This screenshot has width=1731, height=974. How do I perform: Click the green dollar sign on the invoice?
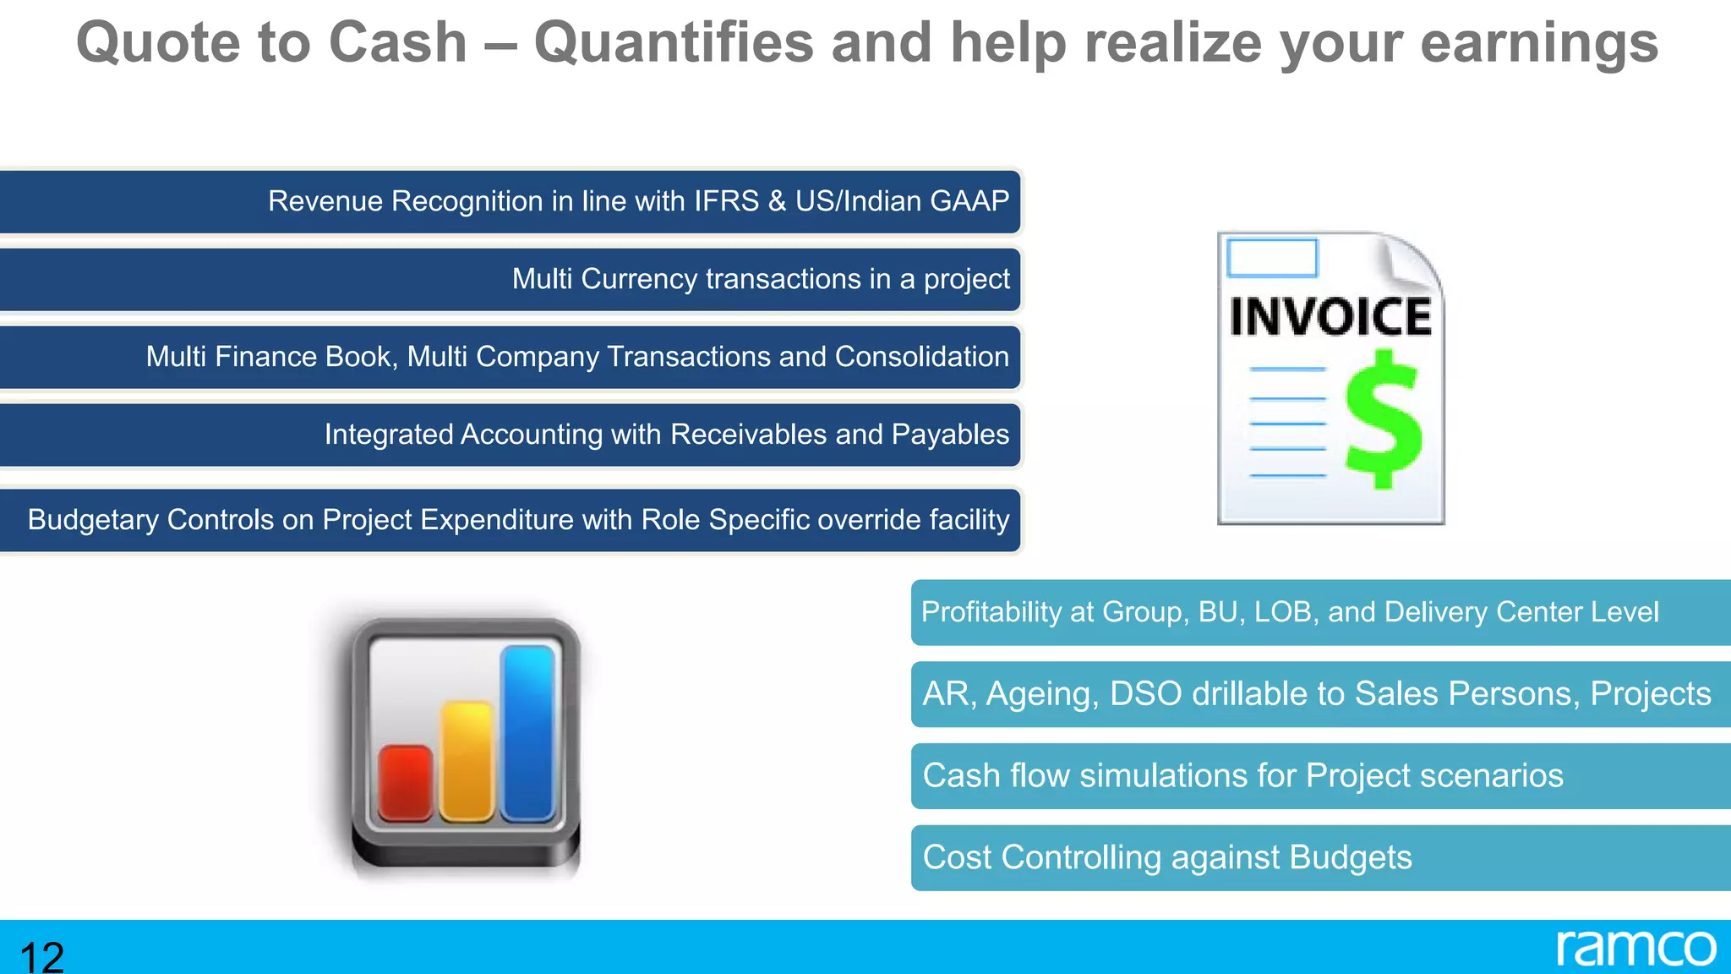(x=1383, y=420)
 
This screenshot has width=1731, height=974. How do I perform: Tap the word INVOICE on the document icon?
(x=1330, y=317)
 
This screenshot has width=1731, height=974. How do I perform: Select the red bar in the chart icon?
(x=405, y=782)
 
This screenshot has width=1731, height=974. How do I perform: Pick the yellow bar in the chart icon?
(x=466, y=760)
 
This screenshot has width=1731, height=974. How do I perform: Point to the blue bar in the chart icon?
(x=528, y=732)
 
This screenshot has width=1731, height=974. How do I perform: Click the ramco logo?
(x=1635, y=948)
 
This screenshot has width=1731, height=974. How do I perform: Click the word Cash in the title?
(x=397, y=42)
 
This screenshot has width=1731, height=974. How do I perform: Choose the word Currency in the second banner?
(x=639, y=279)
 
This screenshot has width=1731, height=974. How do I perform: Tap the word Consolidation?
(x=921, y=357)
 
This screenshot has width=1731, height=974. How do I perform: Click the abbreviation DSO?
(x=1145, y=694)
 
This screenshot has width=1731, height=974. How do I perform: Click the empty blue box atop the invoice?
(x=1271, y=258)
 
